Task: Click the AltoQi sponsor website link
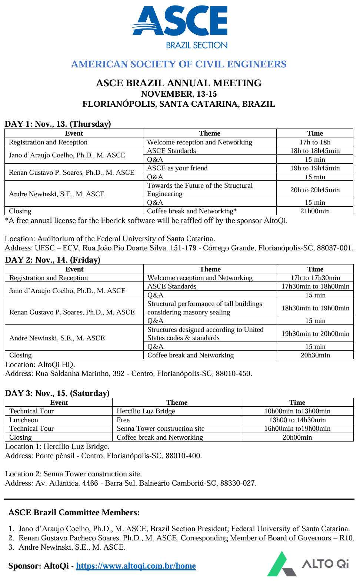136,566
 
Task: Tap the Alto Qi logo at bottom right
308,564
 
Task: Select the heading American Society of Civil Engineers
179,64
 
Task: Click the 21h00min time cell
315,211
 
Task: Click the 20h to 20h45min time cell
315,190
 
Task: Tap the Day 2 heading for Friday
53,260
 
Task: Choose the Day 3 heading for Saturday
57,393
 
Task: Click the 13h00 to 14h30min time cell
297,420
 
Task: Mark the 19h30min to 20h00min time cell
315,334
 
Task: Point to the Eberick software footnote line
146,221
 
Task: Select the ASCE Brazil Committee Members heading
74,512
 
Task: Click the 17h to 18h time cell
315,142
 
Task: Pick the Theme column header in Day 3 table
177,403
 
